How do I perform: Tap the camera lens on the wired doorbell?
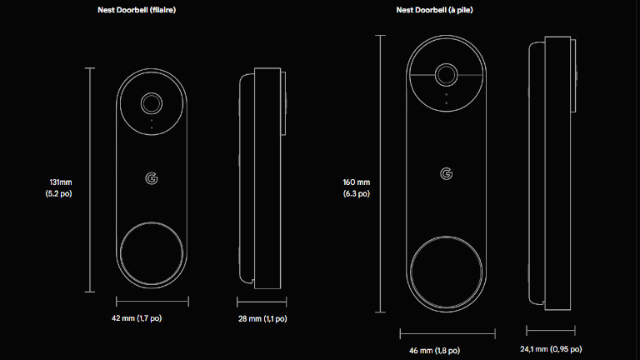pos(152,103)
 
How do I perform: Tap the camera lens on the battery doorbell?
pos(447,75)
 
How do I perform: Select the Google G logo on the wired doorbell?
pos(151,178)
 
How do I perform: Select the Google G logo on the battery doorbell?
pos(447,173)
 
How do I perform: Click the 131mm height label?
pos(61,182)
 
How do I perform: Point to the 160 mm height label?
pos(357,182)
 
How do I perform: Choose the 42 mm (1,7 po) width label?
pos(152,318)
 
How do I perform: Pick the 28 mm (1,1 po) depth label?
pos(262,318)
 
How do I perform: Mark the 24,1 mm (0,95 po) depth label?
pos(552,349)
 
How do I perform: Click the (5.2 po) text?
pos(61,193)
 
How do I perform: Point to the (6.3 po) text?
pos(357,193)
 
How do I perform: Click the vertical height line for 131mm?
pos(90,179)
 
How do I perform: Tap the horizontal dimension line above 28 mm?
pos(262,301)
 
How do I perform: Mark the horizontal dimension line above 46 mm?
pos(447,332)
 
